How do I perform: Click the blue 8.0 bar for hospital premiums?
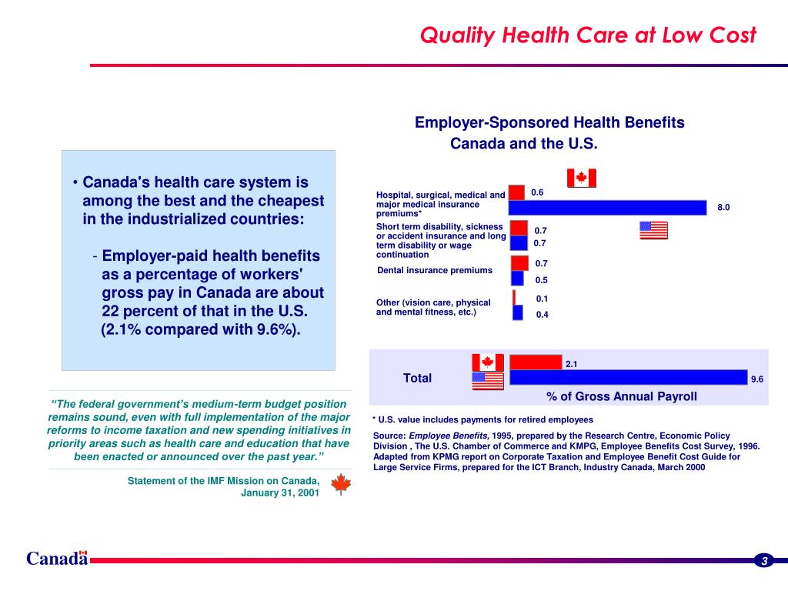pyautogui.click(x=607, y=208)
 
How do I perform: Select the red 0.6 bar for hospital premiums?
pyautogui.click(x=516, y=192)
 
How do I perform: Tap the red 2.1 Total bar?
pyautogui.click(x=536, y=362)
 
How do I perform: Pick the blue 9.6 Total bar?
pyautogui.click(x=628, y=377)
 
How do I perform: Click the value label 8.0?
pyautogui.click(x=723, y=207)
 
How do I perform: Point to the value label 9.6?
pyautogui.click(x=757, y=379)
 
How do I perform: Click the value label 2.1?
pyautogui.click(x=572, y=364)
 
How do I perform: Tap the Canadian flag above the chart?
pyautogui.click(x=581, y=179)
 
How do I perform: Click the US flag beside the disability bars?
pyautogui.click(x=653, y=230)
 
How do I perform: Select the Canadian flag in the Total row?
pyautogui.click(x=487, y=362)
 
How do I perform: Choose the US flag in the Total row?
pyautogui.click(x=487, y=380)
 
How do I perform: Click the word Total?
pyautogui.click(x=417, y=378)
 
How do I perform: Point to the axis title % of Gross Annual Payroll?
pyautogui.click(x=622, y=396)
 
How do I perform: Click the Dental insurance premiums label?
pyautogui.click(x=435, y=270)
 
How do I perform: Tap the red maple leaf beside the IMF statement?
pyautogui.click(x=340, y=485)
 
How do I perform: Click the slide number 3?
pyautogui.click(x=764, y=560)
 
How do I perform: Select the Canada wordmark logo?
pyautogui.click(x=56, y=559)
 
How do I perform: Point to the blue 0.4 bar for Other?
pyautogui.click(x=518, y=312)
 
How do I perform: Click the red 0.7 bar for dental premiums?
pyautogui.click(x=520, y=263)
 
